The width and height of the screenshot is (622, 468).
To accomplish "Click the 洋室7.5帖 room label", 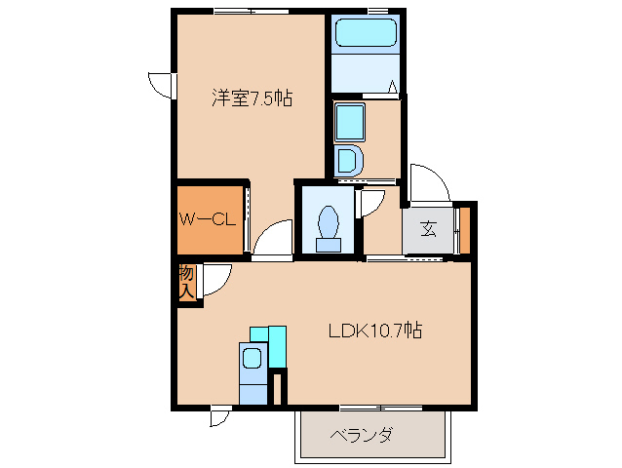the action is (253, 97).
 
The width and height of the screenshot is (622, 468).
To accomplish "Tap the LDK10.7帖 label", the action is (375, 331).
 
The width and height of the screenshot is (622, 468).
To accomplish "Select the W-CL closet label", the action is (207, 219).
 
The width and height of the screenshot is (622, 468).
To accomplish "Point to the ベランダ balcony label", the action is (362, 436).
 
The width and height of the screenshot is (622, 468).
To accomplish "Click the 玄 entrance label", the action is (428, 229).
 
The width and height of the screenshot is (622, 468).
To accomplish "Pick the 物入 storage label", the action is (186, 282).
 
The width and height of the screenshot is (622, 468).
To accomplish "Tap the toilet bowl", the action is (328, 222).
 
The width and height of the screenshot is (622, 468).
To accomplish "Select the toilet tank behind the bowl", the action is (328, 245).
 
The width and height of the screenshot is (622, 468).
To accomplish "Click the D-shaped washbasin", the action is (348, 161).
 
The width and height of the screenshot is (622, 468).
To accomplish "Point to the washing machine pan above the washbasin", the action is (349, 122).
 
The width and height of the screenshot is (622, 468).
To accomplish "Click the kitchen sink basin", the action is (252, 358).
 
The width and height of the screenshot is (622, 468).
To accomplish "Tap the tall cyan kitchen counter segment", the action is (277, 347).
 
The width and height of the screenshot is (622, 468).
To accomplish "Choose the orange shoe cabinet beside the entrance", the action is (464, 230).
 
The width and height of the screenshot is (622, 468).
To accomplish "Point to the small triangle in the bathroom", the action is (393, 86).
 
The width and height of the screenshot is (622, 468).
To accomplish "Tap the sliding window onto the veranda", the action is (381, 408).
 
